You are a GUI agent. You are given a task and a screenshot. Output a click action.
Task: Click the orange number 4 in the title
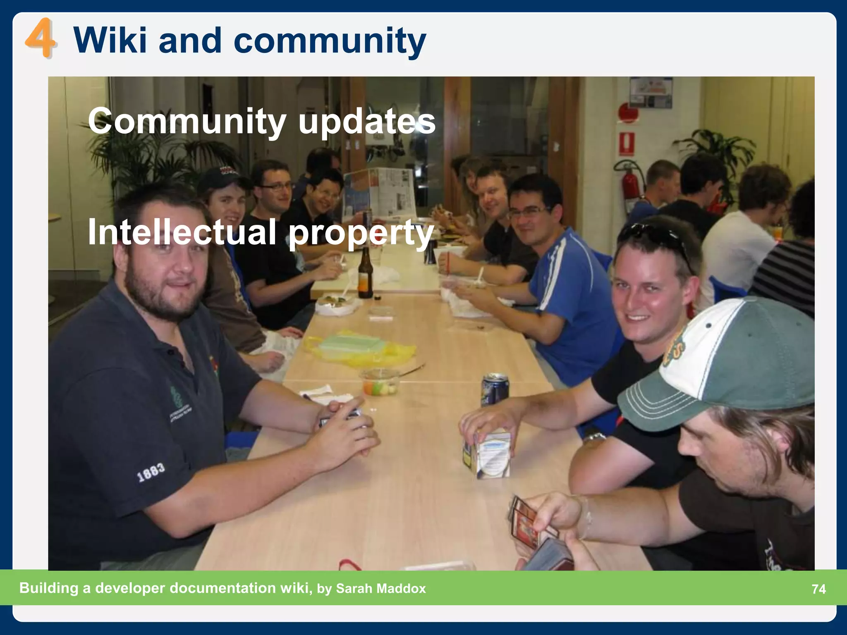click(x=40, y=40)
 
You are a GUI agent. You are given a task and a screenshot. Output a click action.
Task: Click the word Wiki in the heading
click(x=110, y=40)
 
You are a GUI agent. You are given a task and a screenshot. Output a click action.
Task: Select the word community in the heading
click(x=330, y=41)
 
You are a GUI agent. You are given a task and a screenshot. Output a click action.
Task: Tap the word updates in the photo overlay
click(x=366, y=122)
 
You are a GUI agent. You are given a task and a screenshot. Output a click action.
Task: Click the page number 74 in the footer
click(x=818, y=589)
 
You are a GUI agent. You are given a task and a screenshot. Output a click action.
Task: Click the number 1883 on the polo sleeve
click(x=151, y=472)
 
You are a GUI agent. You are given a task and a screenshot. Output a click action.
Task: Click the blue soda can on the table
click(x=494, y=389)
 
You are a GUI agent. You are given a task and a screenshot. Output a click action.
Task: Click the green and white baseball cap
click(x=720, y=364)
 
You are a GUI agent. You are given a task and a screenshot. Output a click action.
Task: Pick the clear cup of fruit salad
click(x=380, y=382)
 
